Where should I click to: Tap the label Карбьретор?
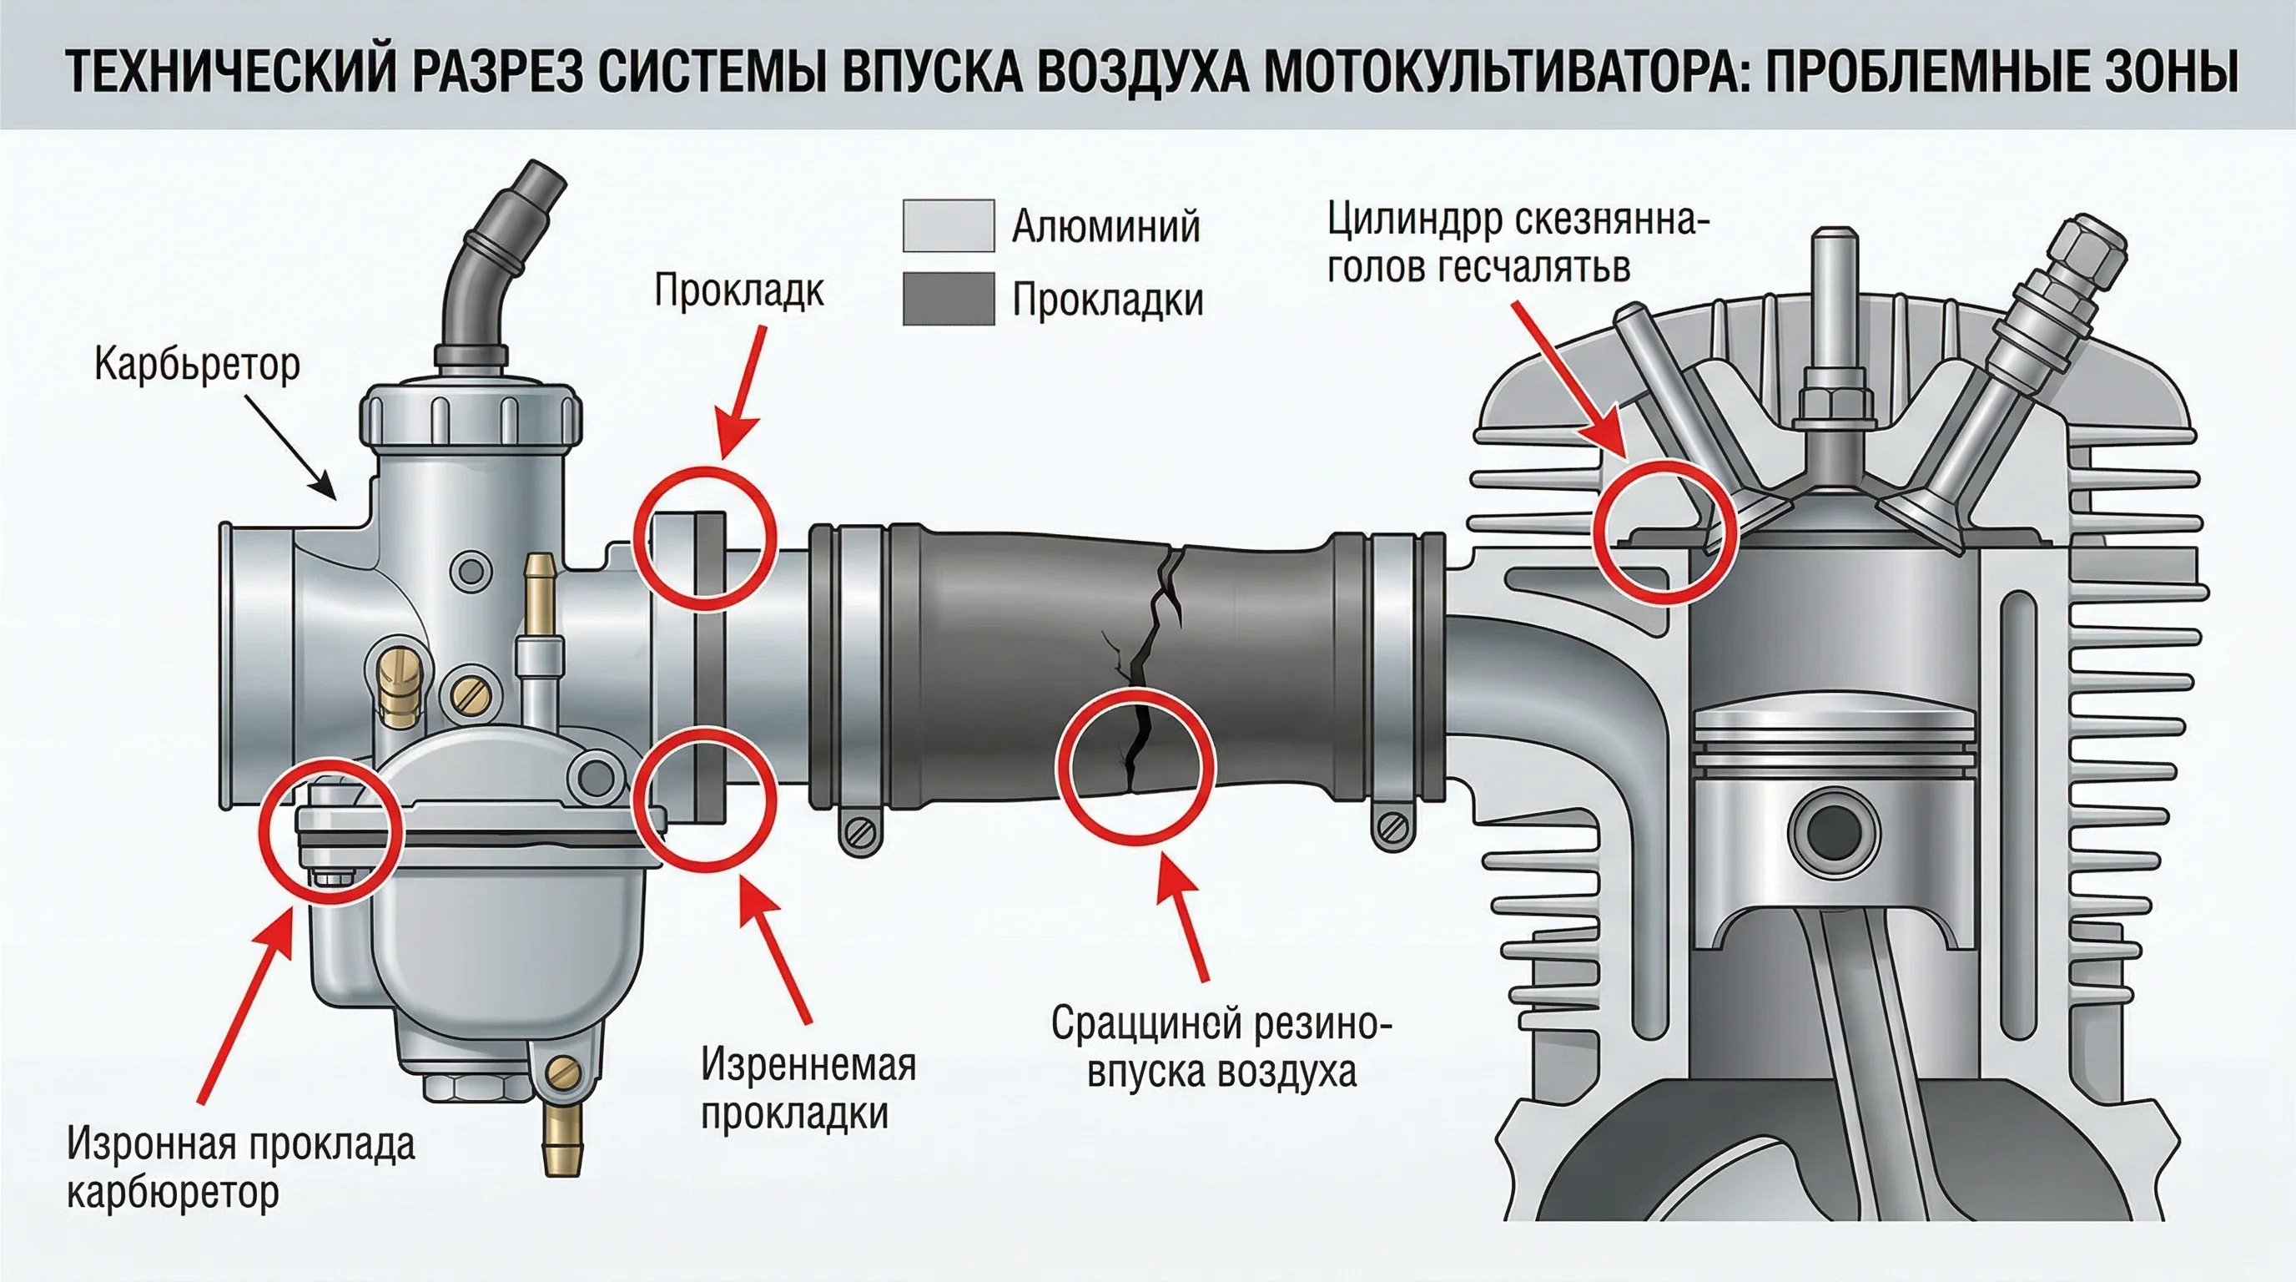(197, 365)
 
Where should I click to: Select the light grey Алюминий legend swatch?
(949, 225)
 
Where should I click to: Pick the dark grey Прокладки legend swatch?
(949, 299)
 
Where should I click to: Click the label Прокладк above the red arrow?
(739, 290)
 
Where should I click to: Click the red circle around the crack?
(1135, 767)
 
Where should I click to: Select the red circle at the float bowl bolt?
(330, 831)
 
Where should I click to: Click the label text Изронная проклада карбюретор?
(240, 1168)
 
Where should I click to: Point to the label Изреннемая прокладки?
(807, 1088)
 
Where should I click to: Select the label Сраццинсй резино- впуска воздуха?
(1221, 1047)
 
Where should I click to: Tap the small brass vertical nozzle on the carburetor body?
(539, 593)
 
